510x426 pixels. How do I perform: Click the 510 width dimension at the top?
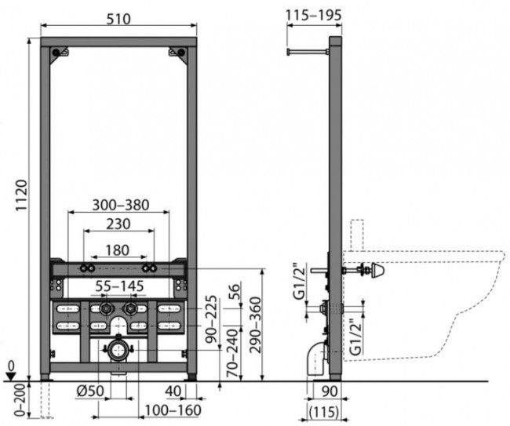coord(118,19)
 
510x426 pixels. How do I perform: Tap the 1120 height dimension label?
coord(22,195)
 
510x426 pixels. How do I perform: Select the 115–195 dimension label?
coord(314,15)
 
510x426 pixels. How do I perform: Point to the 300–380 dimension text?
coord(121,205)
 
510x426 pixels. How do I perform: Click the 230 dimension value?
coord(118,224)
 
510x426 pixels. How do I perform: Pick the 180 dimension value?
coord(118,250)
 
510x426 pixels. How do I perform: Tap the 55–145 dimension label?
coord(119,286)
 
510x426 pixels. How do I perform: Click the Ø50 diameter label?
coord(90,391)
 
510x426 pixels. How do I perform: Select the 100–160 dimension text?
coord(173,410)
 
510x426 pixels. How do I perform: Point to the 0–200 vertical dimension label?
coord(20,400)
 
